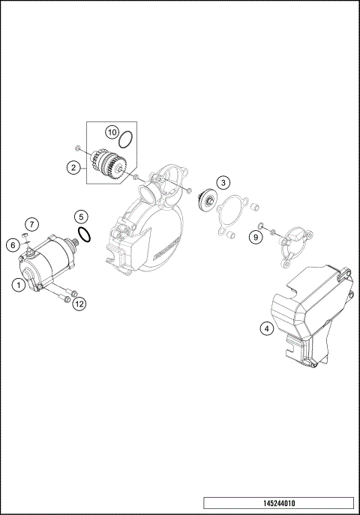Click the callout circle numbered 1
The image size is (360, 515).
point(17,284)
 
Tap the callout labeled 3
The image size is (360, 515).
point(223,182)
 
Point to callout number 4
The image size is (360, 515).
point(265,328)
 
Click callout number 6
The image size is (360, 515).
point(13,244)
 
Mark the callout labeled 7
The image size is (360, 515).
point(31,224)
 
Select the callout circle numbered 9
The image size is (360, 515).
point(256,237)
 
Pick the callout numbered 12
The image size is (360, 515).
point(79,303)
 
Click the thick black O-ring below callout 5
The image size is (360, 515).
point(85,236)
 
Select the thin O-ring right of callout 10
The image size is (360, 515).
point(128,139)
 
